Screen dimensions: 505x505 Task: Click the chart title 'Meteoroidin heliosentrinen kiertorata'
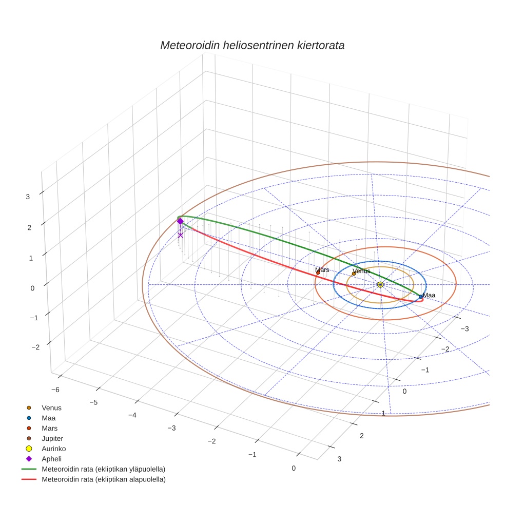click(x=252, y=45)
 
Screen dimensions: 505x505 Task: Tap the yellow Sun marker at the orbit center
click(x=380, y=284)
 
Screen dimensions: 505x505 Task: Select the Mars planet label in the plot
click(x=322, y=269)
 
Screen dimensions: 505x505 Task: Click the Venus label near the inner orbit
click(x=361, y=270)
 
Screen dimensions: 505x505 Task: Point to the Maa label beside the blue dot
click(x=429, y=295)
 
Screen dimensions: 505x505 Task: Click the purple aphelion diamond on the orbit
click(x=180, y=221)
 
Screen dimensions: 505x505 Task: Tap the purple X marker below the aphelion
click(x=180, y=235)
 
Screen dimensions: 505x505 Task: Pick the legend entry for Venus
click(x=51, y=408)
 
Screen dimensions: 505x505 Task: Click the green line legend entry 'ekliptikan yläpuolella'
click(x=103, y=469)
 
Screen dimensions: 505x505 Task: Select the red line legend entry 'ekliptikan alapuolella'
click(x=103, y=479)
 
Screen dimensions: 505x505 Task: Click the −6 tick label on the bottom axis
click(x=55, y=390)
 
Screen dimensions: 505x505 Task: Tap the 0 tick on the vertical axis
click(x=32, y=288)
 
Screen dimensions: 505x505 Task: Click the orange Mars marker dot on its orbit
click(x=318, y=273)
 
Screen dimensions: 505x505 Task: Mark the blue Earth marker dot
click(x=420, y=297)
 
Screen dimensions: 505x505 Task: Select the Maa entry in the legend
click(x=49, y=418)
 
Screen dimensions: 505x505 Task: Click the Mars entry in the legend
click(x=49, y=428)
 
